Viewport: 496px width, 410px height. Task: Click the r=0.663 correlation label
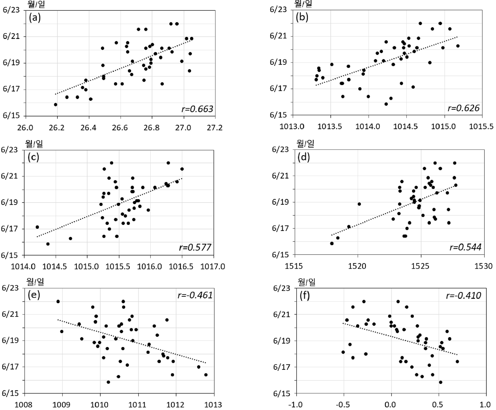click(197, 109)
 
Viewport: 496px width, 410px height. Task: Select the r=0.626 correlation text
click(464, 108)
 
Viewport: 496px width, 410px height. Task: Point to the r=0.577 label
click(195, 247)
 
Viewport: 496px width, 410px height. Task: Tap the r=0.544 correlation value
click(465, 247)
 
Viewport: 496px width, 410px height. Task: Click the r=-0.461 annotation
click(195, 295)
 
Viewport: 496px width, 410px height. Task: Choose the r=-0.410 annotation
click(464, 295)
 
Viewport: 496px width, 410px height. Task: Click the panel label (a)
click(35, 18)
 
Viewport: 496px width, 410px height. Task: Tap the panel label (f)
click(304, 295)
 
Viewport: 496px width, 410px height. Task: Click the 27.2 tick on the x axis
click(215, 128)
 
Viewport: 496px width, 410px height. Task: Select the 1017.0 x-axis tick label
click(214, 267)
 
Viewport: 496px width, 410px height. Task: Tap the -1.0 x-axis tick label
click(295, 405)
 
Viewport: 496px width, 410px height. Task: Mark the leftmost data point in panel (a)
click(56, 105)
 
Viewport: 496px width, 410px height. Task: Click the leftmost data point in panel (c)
click(37, 227)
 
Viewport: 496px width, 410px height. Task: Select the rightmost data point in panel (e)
click(206, 375)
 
